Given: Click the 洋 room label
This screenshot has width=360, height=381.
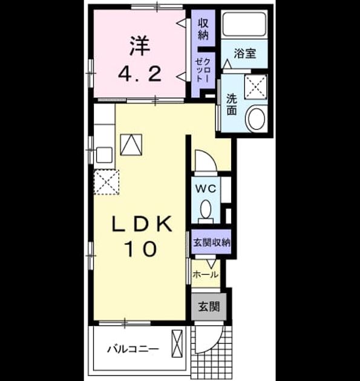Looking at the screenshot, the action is (x=140, y=46).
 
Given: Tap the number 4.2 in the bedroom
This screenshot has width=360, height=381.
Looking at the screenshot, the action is (x=140, y=74).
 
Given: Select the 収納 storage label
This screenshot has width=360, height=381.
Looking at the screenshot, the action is (x=203, y=29).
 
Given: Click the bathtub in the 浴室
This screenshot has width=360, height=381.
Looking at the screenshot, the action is (x=244, y=25).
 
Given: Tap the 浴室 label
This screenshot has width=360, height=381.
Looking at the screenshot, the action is (x=245, y=53).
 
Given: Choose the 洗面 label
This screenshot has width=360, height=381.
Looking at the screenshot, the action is (x=232, y=105).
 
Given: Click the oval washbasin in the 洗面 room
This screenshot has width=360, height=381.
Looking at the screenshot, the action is (x=256, y=119).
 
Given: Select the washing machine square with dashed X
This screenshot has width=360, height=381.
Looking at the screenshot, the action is (x=256, y=86).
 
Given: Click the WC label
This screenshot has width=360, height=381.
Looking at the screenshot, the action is (x=206, y=189).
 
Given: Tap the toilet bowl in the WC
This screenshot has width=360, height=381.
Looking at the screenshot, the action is (x=206, y=209).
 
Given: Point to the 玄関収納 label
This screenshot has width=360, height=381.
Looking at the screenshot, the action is (x=212, y=243).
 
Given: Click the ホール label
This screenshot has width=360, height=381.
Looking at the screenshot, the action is (x=206, y=275).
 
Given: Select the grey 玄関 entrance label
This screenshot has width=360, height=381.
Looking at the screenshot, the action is (x=209, y=307).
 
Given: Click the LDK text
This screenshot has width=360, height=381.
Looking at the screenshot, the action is (x=142, y=224).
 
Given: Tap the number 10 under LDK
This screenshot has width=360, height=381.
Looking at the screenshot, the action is (x=140, y=249).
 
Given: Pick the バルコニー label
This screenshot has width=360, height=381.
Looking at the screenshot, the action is (x=133, y=350).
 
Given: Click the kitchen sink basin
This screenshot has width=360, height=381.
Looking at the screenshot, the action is (x=104, y=155).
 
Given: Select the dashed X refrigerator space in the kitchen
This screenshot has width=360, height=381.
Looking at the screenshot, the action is (x=106, y=182).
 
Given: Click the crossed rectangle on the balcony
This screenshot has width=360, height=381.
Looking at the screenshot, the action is (x=177, y=344).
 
